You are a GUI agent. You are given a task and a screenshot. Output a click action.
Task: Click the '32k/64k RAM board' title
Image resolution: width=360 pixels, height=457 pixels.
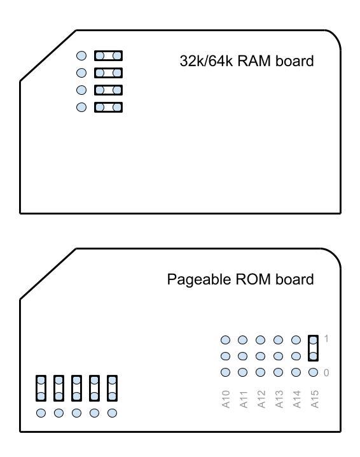(247, 62)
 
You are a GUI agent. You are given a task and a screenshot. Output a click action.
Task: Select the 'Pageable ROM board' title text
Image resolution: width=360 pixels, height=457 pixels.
(240, 279)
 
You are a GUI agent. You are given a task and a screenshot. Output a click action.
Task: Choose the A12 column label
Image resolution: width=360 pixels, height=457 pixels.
(261, 397)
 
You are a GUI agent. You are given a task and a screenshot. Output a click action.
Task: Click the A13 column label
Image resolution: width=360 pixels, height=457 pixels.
(279, 397)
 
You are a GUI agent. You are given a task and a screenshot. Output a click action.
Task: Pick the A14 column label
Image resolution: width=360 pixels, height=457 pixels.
(296, 397)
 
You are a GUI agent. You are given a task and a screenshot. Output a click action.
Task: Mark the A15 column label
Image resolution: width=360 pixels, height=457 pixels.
(314, 397)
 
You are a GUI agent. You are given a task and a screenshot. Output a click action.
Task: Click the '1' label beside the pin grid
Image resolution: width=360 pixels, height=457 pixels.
(326, 339)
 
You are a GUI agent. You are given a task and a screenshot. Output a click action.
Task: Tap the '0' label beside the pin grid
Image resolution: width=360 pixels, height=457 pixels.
(326, 372)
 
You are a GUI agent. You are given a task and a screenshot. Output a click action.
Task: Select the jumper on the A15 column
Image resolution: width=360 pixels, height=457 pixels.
(314, 348)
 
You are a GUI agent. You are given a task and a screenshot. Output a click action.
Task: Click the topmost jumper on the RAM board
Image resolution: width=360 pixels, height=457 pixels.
(108, 56)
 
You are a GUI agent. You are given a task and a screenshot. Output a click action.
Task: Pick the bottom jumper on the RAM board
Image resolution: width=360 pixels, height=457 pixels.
(108, 107)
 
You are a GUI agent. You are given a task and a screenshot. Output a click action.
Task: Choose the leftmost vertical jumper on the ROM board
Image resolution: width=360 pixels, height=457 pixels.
(41, 388)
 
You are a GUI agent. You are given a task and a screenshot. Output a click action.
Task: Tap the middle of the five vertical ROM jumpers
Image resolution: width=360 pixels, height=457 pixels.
(76, 388)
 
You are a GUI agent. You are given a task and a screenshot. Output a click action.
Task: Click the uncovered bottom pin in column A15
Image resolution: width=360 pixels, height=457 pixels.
(314, 372)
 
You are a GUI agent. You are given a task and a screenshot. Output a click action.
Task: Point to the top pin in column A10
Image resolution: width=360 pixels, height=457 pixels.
(225, 340)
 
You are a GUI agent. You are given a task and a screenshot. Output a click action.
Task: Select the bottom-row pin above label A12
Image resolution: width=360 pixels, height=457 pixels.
(260, 372)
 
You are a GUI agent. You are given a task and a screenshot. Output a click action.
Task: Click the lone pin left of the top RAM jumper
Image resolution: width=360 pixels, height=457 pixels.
(81, 56)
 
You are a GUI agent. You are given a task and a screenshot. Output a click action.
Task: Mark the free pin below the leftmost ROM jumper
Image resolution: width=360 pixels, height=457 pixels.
(41, 413)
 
